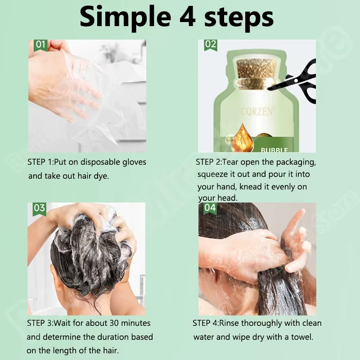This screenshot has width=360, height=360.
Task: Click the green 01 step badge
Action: point(40,45)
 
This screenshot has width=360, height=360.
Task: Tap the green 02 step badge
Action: point(211,45)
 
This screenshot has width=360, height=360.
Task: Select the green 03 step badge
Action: point(40,209)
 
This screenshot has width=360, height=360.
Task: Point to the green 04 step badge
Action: point(210,208)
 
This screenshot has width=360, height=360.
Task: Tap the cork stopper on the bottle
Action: point(256,73)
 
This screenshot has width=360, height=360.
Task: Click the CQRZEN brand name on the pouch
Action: point(257,112)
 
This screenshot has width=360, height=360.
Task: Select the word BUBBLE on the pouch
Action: point(274,150)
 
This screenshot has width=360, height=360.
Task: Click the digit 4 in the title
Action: point(187,18)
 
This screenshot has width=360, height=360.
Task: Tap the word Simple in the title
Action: point(126,18)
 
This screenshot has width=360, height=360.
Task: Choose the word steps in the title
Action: point(239,18)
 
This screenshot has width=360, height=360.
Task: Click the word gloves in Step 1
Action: point(134,162)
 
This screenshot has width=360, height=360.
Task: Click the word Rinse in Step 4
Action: point(229,323)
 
